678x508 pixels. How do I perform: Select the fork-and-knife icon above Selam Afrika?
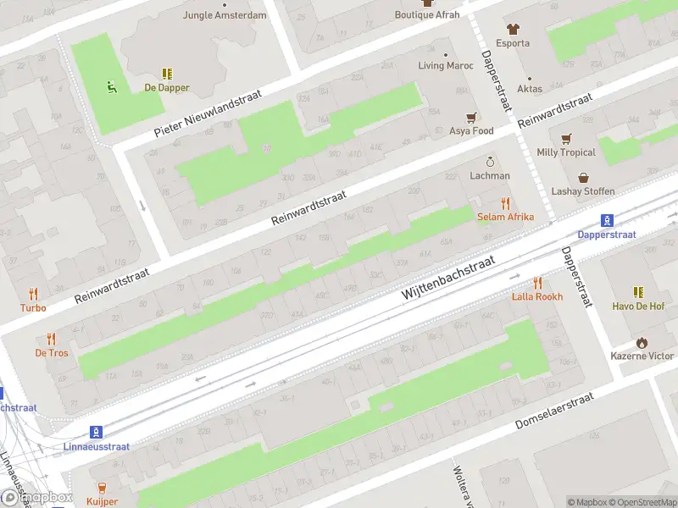[505, 202]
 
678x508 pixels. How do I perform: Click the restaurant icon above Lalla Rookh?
[536, 283]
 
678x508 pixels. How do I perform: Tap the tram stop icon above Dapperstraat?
[607, 220]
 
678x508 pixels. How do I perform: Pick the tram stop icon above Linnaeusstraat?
[97, 431]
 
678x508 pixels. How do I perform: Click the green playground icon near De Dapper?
[110, 86]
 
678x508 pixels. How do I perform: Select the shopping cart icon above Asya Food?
[471, 117]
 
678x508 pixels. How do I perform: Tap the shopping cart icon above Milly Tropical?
[565, 138]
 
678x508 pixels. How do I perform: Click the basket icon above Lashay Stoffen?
[583, 177]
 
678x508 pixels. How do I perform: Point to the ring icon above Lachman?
[489, 162]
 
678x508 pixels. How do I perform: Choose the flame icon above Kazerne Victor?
[642, 342]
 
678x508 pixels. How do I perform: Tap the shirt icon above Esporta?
[512, 29]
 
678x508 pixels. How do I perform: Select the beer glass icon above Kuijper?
[102, 487]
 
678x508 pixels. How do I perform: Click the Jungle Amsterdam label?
[225, 15]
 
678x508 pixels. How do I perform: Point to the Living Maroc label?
[446, 65]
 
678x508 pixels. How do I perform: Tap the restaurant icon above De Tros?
[51, 339]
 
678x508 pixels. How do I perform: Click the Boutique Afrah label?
[427, 14]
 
